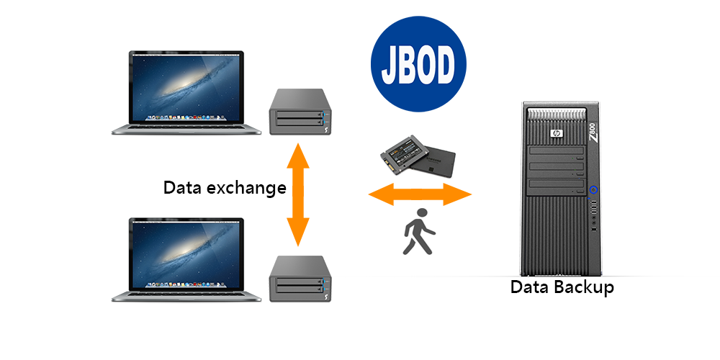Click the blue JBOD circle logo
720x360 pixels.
(x=418, y=64)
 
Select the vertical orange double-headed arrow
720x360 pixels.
(x=297, y=194)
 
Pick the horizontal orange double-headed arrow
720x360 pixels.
(x=420, y=194)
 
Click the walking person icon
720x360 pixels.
(x=419, y=231)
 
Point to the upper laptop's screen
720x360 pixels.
(x=186, y=87)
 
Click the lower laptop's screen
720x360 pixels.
(x=186, y=254)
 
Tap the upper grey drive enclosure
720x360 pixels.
(x=300, y=112)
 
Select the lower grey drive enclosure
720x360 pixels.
(x=300, y=279)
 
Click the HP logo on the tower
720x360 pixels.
(x=557, y=134)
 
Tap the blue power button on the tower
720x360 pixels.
(x=594, y=189)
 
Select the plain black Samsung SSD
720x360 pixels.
(x=433, y=161)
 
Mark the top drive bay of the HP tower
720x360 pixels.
(x=557, y=151)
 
